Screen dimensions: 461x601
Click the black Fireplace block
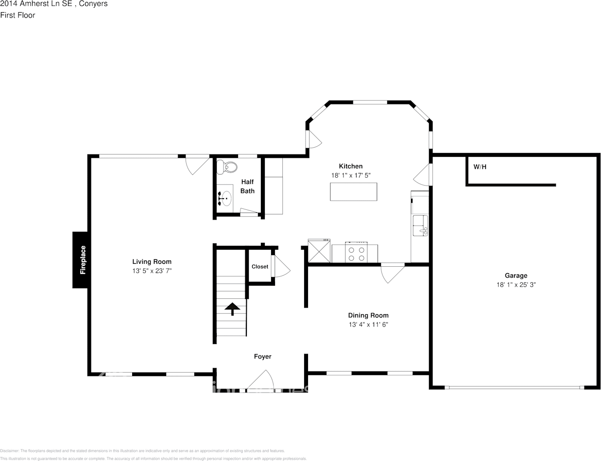[x=80, y=260]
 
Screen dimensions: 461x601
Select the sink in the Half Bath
[x=225, y=198]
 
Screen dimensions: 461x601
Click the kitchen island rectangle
[x=353, y=191]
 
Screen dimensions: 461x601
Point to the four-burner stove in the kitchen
[x=355, y=254]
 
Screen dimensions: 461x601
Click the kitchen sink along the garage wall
[x=419, y=225]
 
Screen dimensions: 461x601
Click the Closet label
[x=260, y=267]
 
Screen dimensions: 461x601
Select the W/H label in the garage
[x=480, y=167]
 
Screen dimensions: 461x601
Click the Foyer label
[x=262, y=357]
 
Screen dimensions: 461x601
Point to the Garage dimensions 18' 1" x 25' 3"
[x=515, y=285]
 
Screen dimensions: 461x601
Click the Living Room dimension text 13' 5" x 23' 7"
[x=152, y=271]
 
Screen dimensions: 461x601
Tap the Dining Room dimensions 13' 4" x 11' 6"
[x=368, y=324]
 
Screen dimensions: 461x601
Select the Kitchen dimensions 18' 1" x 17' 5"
[x=350, y=175]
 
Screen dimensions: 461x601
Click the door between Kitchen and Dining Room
[x=392, y=272]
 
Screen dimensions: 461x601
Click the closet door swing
[x=280, y=267]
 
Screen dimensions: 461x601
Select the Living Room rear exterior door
[x=197, y=164]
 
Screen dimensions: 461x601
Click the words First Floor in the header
[x=17, y=15]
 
